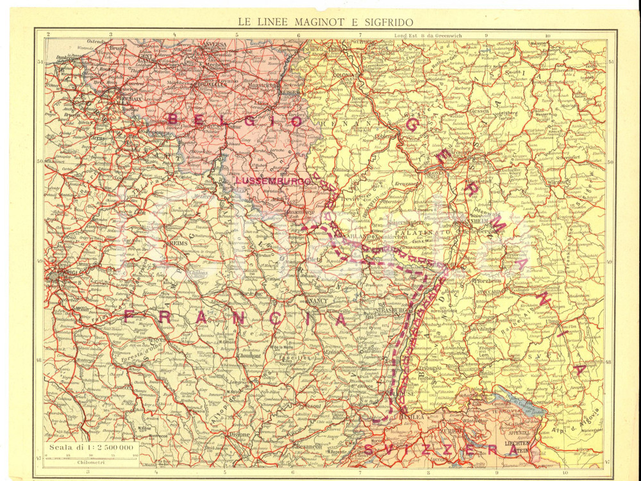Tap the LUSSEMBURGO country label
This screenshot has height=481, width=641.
[273, 181]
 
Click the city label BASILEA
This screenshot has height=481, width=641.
[410, 416]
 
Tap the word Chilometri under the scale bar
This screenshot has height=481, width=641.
[90, 462]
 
